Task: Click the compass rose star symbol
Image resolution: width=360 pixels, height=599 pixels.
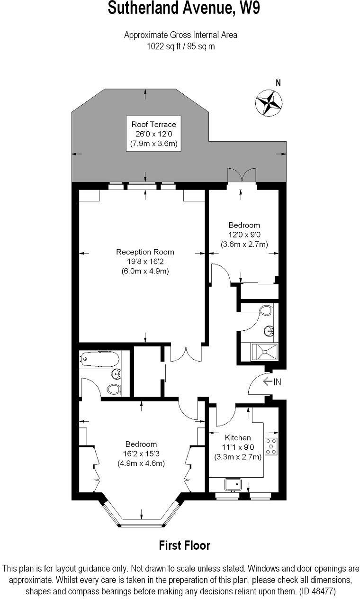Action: pyautogui.click(x=269, y=102)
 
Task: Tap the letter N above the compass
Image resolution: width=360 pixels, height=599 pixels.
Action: pyautogui.click(x=278, y=83)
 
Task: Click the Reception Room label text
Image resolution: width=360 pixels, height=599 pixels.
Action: pyautogui.click(x=145, y=252)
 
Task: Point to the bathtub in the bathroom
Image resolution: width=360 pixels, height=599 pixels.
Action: pyautogui.click(x=100, y=360)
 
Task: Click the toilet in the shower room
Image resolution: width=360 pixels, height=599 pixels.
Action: pyautogui.click(x=266, y=311)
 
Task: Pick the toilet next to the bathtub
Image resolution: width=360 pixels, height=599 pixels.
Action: pyautogui.click(x=113, y=389)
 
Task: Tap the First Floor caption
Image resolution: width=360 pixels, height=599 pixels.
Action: pyautogui.click(x=184, y=545)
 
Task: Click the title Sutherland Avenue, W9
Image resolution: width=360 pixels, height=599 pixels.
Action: pyautogui.click(x=184, y=8)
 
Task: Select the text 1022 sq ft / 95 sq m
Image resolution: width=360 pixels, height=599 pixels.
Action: pyautogui.click(x=180, y=46)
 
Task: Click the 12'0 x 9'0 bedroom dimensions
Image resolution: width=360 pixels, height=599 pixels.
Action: pyautogui.click(x=244, y=235)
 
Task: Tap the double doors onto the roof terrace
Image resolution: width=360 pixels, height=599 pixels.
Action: pyautogui.click(x=242, y=175)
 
